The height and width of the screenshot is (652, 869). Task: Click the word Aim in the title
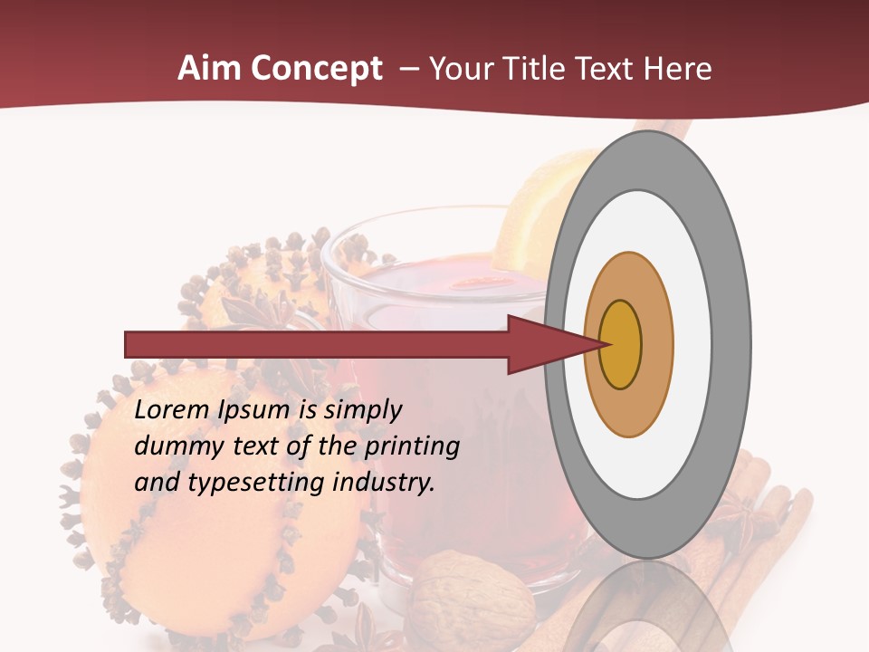pos(209,69)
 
